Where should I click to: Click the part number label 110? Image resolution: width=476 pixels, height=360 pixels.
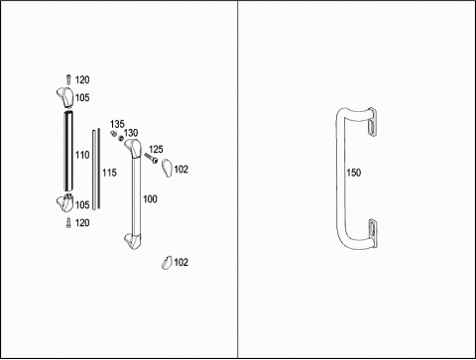[x=82, y=155]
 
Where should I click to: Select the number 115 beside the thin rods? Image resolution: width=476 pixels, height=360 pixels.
[x=109, y=173]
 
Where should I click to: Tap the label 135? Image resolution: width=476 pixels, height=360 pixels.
[x=117, y=124]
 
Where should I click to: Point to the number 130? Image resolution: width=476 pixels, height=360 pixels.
[x=131, y=133]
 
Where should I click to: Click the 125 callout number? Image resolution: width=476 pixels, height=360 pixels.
[x=156, y=149]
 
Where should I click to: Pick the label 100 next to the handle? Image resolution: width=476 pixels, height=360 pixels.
[x=150, y=199]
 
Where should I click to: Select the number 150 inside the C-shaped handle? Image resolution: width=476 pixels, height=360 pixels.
[x=354, y=173]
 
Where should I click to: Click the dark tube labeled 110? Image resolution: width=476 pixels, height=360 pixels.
[x=68, y=152]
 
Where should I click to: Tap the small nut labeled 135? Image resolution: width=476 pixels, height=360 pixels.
[x=113, y=133]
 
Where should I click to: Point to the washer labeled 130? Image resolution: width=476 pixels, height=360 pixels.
[x=121, y=138]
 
